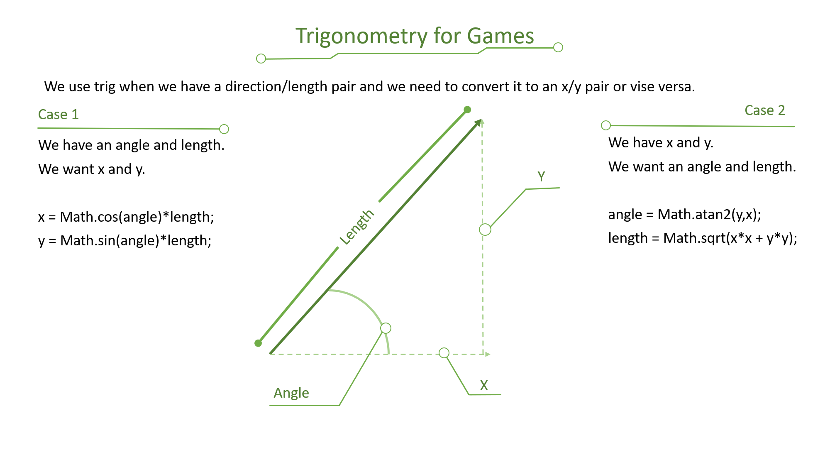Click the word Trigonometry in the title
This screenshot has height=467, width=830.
[x=361, y=37]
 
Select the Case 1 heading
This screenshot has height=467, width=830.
[x=58, y=114]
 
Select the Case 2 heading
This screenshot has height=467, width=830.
[x=765, y=110]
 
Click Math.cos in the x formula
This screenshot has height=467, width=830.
[x=89, y=217]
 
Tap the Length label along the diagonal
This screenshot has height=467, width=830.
[x=357, y=227]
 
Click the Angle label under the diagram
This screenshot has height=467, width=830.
[x=291, y=393]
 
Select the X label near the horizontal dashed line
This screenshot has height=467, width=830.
[x=484, y=385]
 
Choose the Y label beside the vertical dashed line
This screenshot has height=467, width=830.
[x=541, y=176]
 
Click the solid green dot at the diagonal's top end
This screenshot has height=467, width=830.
[x=467, y=110]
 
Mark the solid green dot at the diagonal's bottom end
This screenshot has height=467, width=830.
[x=258, y=343]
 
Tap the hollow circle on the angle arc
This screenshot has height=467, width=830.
[x=386, y=328]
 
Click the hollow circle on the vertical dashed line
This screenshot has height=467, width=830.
[x=485, y=230]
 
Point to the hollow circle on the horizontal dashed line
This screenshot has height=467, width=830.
[x=444, y=353]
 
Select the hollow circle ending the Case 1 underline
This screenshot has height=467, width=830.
[x=224, y=129]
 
